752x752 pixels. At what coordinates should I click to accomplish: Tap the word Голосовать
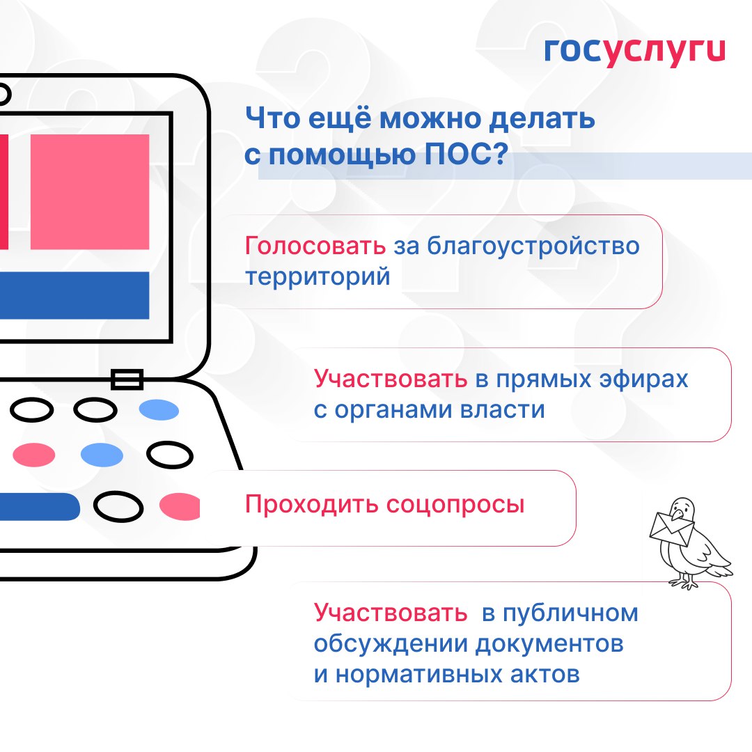315,246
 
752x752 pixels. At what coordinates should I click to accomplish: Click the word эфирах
643,379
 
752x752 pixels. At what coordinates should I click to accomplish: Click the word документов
549,645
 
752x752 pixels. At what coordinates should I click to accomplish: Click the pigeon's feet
684,582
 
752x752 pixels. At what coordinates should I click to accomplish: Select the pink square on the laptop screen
90,192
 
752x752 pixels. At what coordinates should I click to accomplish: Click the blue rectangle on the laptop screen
75,295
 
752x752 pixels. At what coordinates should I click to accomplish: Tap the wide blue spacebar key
40,506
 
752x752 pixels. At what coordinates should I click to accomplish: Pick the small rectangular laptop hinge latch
127,379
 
